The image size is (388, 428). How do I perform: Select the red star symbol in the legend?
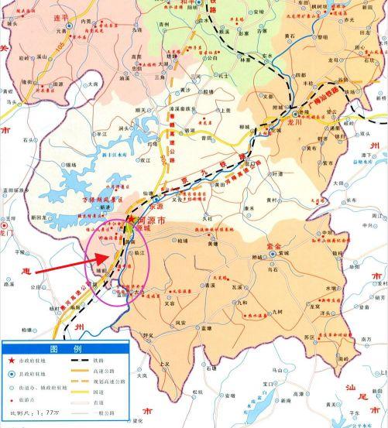click(x=10, y=361)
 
